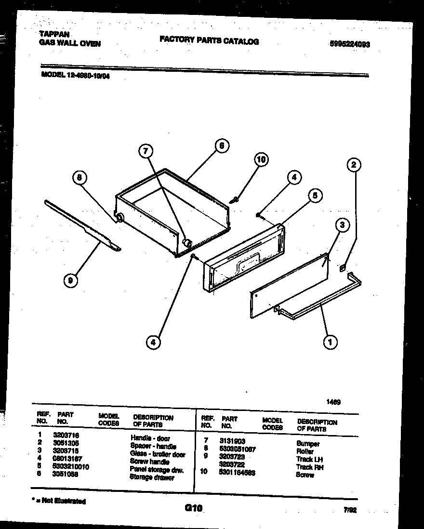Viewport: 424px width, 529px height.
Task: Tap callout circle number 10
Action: point(261,159)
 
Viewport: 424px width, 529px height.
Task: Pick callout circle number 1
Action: point(330,342)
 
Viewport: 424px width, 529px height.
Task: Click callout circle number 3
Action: point(341,225)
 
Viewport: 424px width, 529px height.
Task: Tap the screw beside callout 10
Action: point(235,198)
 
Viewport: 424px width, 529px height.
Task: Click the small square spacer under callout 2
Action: point(343,268)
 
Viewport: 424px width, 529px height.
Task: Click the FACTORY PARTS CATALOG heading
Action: point(209,41)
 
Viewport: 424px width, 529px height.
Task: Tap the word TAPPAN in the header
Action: point(54,34)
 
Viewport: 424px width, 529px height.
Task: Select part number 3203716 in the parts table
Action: point(66,435)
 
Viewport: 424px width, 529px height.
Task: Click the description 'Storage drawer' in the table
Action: point(152,477)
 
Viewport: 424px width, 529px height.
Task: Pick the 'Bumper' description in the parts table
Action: point(308,444)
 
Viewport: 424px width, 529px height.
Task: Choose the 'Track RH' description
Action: point(309,467)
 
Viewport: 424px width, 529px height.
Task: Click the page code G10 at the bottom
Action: point(193,507)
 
